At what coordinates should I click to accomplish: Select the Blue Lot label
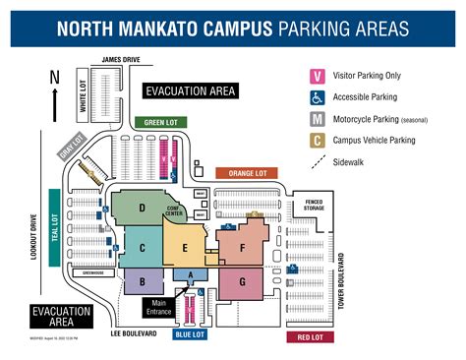tap(190, 333)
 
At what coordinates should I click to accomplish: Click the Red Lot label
tap(311, 336)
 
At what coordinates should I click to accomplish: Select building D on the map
tap(144, 208)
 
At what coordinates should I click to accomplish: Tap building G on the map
tap(241, 280)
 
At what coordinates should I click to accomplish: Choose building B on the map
tap(144, 282)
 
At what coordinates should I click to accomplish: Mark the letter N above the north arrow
tap(55, 77)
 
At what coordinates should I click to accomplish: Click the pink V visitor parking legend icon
tap(318, 76)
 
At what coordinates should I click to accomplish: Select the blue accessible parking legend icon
tap(318, 97)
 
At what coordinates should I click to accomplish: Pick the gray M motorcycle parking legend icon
tap(318, 119)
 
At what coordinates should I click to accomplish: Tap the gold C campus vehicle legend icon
tap(318, 141)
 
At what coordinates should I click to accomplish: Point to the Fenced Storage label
tap(315, 205)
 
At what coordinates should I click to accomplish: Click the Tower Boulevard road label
tap(342, 281)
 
